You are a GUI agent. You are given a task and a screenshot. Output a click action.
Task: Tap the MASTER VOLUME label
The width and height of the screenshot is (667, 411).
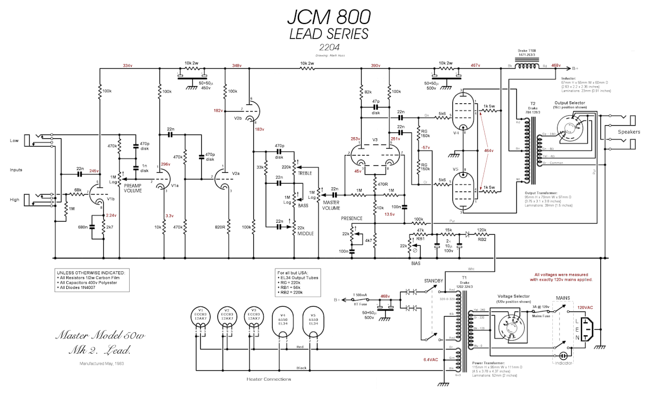coord(331,205)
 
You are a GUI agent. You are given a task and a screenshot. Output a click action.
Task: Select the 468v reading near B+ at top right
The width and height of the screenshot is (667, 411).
coord(556,66)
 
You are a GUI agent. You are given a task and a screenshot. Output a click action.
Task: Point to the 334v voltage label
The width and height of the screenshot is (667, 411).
coord(127,66)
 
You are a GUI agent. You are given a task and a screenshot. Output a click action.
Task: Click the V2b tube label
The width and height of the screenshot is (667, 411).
coord(238,118)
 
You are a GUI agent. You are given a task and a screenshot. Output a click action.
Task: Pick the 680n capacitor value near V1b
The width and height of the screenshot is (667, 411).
coord(82,227)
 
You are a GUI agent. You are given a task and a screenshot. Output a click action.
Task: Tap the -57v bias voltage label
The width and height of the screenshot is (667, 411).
coord(425,148)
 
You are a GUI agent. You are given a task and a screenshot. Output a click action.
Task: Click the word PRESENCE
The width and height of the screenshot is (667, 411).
coord(352,219)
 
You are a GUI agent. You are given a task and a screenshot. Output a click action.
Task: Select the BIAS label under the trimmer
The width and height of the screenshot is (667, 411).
coord(415,264)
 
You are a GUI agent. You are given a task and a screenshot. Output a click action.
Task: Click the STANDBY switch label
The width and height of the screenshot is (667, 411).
coord(433,281)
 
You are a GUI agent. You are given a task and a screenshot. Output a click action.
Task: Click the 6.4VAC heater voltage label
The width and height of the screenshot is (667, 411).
coord(431,359)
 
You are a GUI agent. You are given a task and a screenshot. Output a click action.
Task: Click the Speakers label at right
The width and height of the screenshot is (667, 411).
coord(628,132)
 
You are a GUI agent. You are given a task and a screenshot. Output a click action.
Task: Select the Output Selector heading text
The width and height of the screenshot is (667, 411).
coord(570,103)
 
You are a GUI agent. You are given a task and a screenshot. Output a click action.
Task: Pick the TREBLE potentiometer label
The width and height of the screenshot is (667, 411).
coord(305,173)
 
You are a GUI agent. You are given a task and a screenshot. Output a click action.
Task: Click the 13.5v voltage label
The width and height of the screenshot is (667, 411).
coord(389,214)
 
